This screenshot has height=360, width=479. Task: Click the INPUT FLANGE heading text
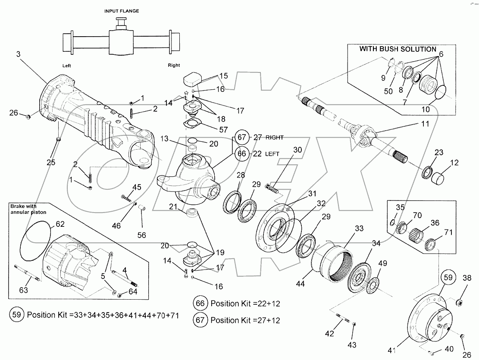(x=121, y=11)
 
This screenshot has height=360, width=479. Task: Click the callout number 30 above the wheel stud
(x=297, y=150)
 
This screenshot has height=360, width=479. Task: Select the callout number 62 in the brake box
(x=60, y=224)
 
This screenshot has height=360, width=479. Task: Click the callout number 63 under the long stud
(x=24, y=290)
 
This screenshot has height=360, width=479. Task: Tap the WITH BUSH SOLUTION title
(x=398, y=49)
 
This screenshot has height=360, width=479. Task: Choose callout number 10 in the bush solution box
(x=426, y=110)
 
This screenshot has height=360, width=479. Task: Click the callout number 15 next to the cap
(x=223, y=76)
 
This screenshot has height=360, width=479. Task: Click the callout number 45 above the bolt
(x=137, y=187)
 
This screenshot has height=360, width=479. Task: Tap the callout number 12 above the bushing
(x=454, y=163)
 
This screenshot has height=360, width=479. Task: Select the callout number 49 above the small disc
(x=382, y=263)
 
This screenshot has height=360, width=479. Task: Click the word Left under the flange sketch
(x=66, y=66)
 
